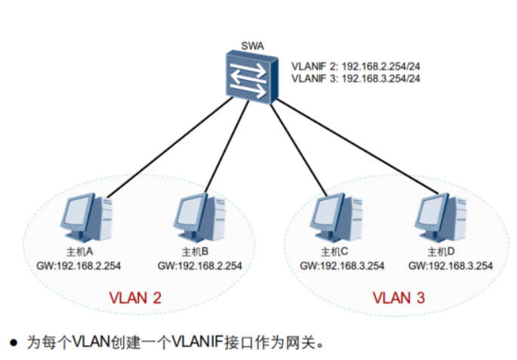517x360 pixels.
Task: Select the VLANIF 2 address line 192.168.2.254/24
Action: (x=355, y=66)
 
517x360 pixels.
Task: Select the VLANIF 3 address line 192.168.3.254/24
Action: (x=355, y=78)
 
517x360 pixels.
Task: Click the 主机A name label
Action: (x=79, y=251)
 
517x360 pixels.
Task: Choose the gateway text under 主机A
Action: (x=79, y=266)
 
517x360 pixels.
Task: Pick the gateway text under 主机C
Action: (x=342, y=266)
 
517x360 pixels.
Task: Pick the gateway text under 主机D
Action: (x=451, y=266)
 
